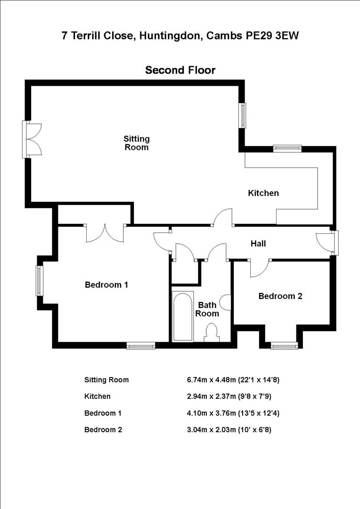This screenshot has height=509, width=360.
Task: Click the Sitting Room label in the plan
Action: (137, 143)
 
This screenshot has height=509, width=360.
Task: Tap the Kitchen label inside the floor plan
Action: (263, 193)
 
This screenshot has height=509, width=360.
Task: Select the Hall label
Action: (258, 244)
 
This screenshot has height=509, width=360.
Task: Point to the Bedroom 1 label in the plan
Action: (106, 285)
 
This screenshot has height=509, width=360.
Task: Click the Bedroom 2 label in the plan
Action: (280, 296)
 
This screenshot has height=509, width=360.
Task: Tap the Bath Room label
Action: (207, 309)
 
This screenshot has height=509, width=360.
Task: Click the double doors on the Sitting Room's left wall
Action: (33, 139)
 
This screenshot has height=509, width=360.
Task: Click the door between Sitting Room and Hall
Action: (222, 218)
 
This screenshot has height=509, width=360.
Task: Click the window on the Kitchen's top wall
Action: (287, 148)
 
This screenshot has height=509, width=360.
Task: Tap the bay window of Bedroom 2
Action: (284, 345)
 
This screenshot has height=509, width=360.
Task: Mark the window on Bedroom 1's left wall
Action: (40, 281)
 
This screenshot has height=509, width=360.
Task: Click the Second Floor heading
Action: (180, 70)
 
